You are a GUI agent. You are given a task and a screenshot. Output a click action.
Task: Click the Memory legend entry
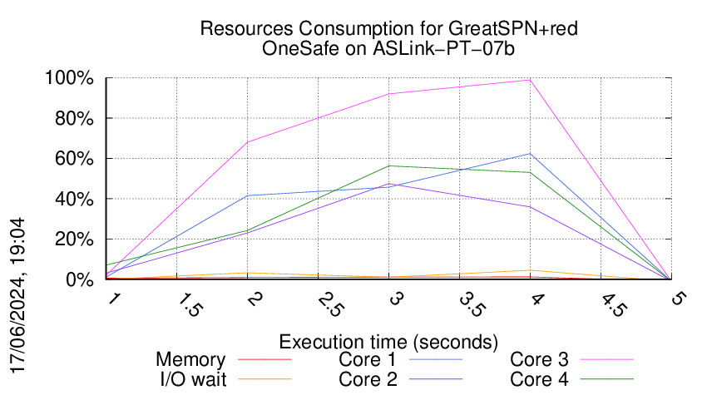pos(190,360)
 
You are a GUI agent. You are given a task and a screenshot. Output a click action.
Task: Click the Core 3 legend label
pos(539,360)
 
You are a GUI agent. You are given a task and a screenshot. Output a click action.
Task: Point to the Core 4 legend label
pos(539,378)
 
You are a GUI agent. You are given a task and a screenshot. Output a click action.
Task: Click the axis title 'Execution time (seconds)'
pos(388,342)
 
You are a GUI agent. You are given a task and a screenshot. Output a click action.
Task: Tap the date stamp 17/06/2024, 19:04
pos(18,295)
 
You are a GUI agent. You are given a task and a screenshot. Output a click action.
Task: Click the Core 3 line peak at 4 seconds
pos(530,80)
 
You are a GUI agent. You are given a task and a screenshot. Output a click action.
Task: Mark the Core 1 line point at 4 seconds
pos(530,154)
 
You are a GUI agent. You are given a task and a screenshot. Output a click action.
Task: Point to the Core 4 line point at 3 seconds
pos(389,166)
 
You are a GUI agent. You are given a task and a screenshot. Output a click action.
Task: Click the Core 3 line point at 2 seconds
pos(249,142)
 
